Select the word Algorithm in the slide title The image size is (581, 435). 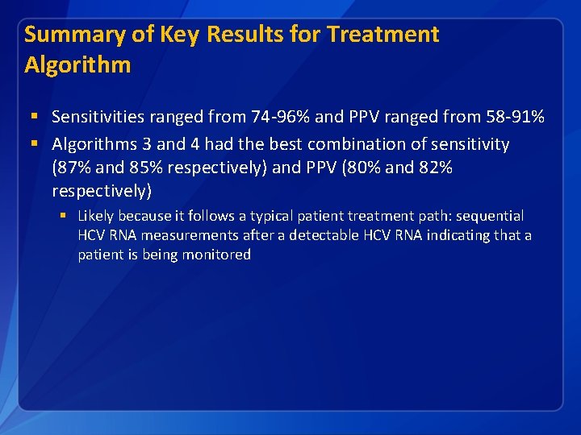(77, 64)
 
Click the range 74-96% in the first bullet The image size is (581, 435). (277, 117)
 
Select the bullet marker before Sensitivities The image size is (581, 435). (34, 118)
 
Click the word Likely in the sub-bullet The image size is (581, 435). (95, 216)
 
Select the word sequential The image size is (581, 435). (490, 216)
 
